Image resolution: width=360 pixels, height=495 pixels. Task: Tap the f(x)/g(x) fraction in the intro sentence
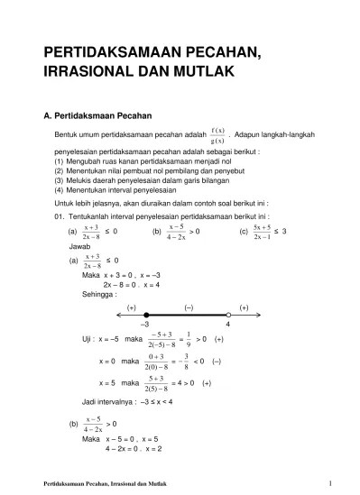[217, 134]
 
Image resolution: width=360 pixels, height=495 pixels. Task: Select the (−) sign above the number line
[189, 307]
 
